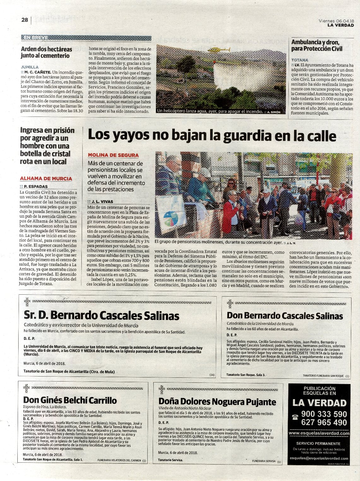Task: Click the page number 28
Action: pos(25,20)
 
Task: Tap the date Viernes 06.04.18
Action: pos(336,21)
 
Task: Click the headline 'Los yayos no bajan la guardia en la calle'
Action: pos(212,136)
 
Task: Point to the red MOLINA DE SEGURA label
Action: pos(113,155)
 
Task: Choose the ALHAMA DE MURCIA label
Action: pos(46,178)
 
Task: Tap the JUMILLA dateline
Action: pos(30,67)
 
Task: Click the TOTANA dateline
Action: pos(300,60)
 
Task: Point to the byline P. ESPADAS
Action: pos(35,186)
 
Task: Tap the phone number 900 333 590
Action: pos(324,414)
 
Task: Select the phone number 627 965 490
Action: pos(324,423)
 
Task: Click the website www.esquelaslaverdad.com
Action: pos(319,433)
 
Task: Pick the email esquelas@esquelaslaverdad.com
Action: pos(319,458)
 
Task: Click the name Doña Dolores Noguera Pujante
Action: pos(217,402)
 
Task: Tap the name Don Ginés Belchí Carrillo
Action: pos(70,400)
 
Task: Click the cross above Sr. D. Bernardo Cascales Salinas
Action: pos(27,302)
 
